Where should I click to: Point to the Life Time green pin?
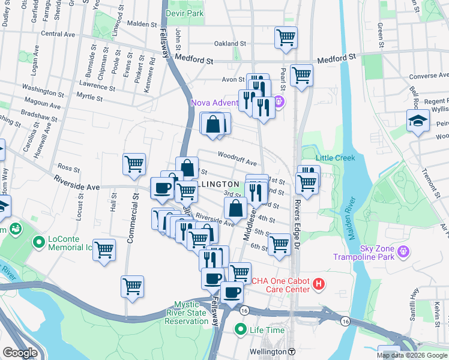[241, 329]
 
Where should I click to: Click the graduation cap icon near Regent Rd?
[416, 121]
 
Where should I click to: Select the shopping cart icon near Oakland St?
[286, 38]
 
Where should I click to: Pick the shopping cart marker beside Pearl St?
[301, 76]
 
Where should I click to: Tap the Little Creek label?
[336, 158]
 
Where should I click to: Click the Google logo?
[20, 353]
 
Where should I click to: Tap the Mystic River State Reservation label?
[191, 313]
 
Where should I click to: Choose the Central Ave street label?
[58, 34]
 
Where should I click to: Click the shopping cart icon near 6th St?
[279, 245]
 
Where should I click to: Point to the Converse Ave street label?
[429, 76]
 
